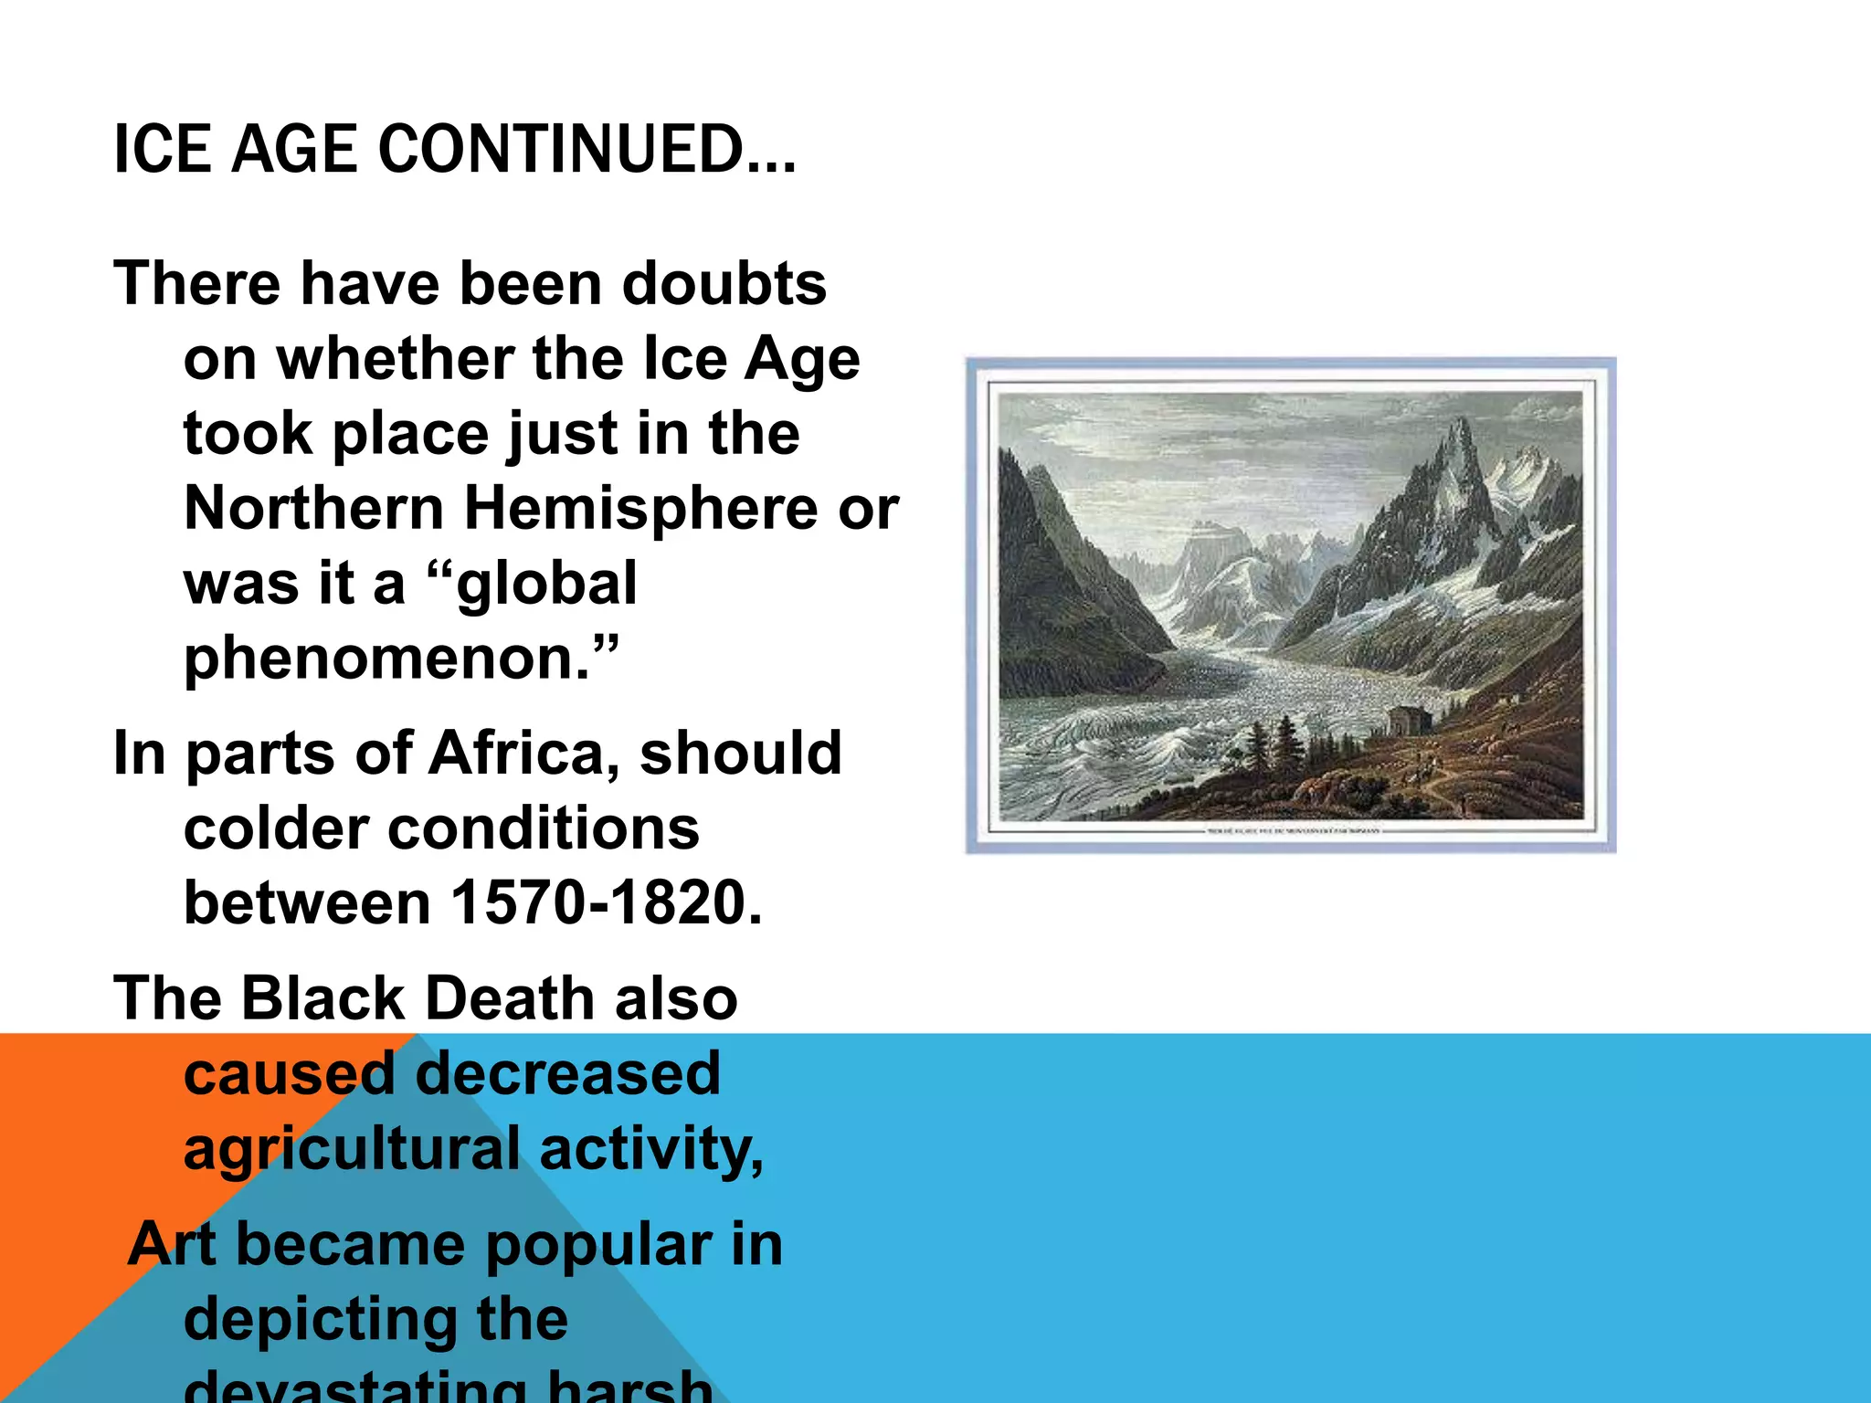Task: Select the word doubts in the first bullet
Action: coord(724,283)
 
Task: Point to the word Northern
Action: coord(314,508)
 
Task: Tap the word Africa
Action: coord(521,754)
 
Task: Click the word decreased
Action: coord(568,1073)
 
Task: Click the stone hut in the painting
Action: coord(1408,720)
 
